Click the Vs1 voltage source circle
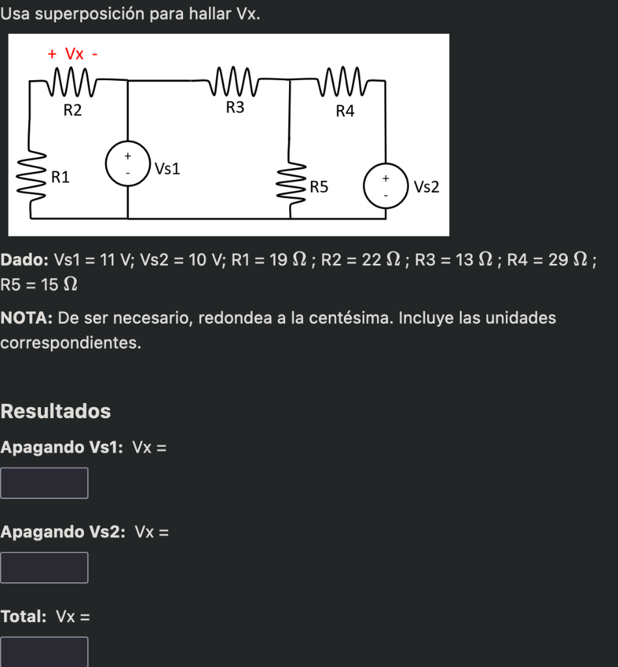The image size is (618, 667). click(x=128, y=165)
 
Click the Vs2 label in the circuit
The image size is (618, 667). click(x=427, y=188)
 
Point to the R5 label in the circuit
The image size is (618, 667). click(x=319, y=188)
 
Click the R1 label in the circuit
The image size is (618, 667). click(x=61, y=177)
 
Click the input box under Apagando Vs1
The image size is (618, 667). click(x=44, y=483)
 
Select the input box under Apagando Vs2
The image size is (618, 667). click(x=44, y=567)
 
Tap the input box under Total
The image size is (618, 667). click(x=44, y=651)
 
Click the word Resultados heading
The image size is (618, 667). click(x=56, y=411)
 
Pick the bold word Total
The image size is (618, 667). click(x=23, y=616)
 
